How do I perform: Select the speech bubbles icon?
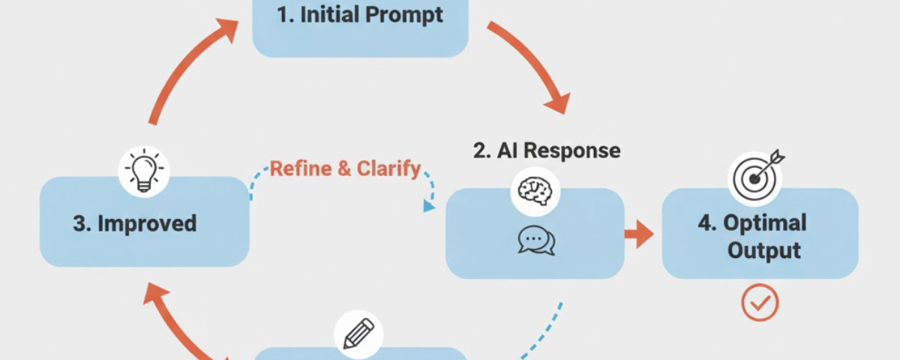[x=535, y=241]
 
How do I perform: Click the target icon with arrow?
[x=755, y=175]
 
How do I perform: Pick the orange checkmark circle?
[x=760, y=303]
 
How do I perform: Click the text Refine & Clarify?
[x=345, y=169]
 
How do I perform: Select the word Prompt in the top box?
[x=408, y=16]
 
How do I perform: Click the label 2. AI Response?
[x=547, y=150]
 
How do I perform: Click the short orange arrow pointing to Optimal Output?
[x=639, y=234]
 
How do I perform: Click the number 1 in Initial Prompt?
[x=283, y=16]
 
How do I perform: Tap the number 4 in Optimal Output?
[x=706, y=223]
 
